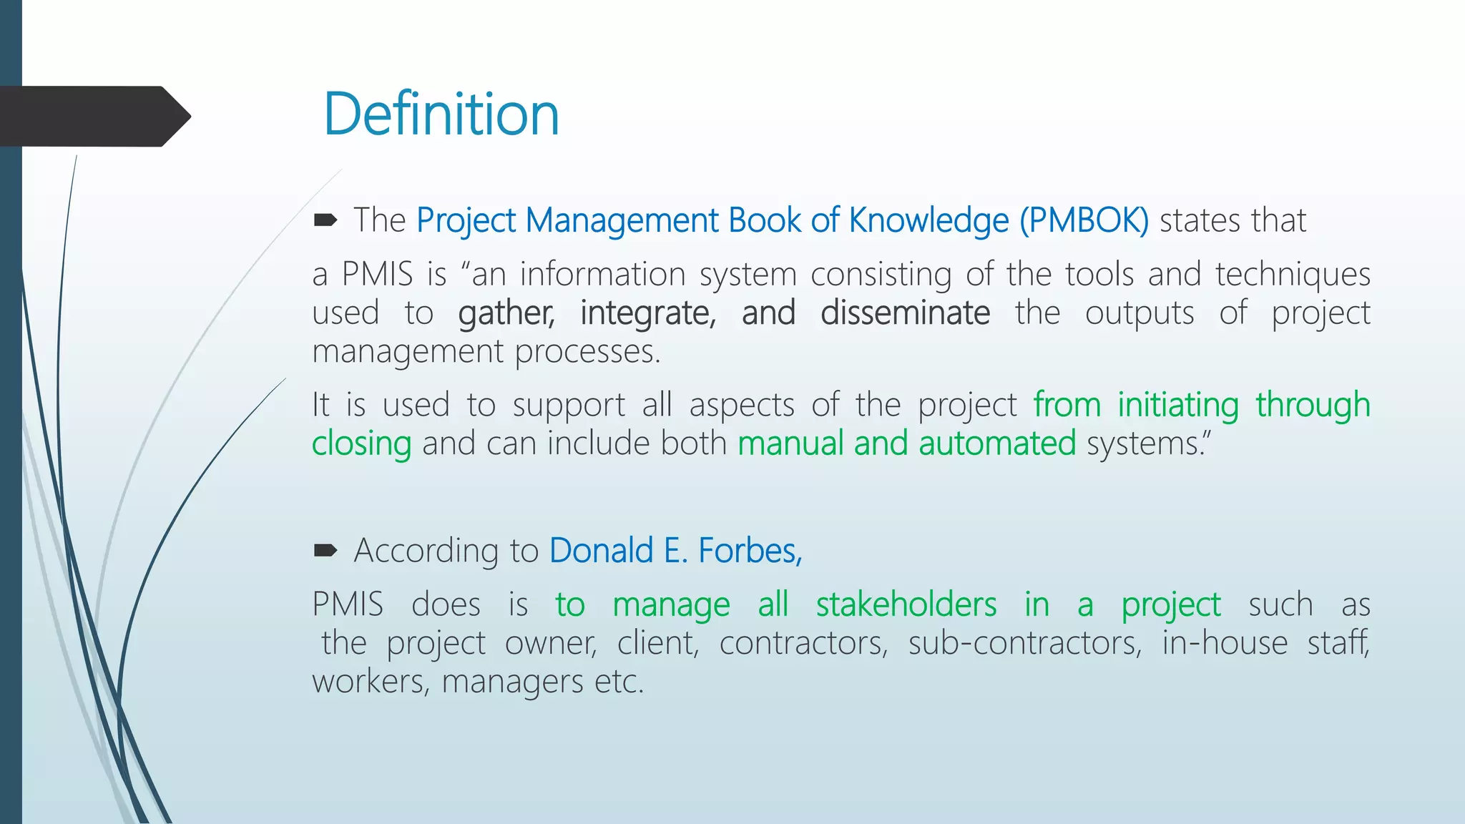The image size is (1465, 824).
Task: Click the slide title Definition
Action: coord(441,114)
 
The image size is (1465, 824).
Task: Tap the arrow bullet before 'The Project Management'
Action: coord(325,221)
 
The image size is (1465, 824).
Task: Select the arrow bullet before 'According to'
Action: coord(325,551)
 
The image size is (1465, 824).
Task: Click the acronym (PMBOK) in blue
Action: coord(1084,220)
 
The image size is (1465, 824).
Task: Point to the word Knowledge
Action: coord(929,220)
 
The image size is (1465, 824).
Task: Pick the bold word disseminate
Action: coord(905,313)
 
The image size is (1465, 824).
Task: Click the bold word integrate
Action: coord(647,313)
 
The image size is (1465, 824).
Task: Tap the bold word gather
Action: coord(506,313)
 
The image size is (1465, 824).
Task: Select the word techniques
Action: coord(1293,275)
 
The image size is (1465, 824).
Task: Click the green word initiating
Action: coord(1178,405)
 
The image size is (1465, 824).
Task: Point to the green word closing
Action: coord(361,443)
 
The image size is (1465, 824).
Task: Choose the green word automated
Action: coord(997,443)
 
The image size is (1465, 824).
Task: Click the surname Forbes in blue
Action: coord(750,551)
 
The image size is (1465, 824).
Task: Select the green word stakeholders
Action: coord(906,605)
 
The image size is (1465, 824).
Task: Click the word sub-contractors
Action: coord(1024,643)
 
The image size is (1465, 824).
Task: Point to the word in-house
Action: coord(1225,643)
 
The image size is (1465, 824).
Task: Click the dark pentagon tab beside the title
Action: coord(93,116)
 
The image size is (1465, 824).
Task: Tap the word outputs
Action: coord(1140,313)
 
